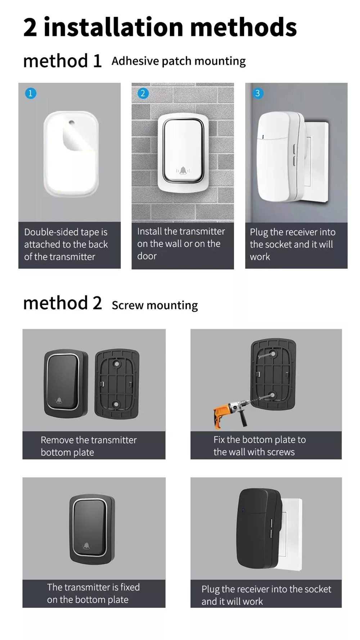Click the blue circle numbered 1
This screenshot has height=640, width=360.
click(x=31, y=94)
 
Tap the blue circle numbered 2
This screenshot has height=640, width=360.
click(x=143, y=94)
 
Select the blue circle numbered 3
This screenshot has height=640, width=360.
click(x=257, y=94)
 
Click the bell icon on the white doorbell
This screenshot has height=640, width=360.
click(x=183, y=171)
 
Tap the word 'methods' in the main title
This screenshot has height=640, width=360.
click(x=243, y=27)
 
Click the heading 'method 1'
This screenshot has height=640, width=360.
click(x=62, y=61)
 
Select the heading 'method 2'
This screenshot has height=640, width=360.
click(x=62, y=303)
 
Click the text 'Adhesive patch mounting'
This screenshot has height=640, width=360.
click(x=179, y=61)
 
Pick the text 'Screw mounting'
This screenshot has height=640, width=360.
click(x=155, y=305)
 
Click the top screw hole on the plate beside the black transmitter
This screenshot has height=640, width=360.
click(x=117, y=364)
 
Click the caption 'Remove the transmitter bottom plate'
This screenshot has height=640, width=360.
click(x=89, y=446)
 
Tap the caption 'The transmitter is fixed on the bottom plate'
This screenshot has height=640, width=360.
click(x=93, y=593)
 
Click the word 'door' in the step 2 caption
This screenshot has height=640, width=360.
click(x=147, y=256)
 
